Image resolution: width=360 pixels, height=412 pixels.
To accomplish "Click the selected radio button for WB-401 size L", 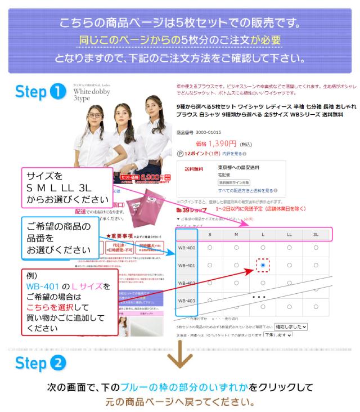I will pos(263,265).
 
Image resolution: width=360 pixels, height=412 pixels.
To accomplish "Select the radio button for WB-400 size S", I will pos(210,247).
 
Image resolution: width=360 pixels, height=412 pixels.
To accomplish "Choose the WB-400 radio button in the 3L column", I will pos(316,247).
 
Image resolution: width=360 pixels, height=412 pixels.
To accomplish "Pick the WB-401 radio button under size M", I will pos(236,265).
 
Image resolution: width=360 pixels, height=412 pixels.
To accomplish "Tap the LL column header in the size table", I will pos(289,234).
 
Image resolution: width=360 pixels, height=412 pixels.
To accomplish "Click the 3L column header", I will pos(316,234).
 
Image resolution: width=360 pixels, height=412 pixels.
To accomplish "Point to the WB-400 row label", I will pos(186,248).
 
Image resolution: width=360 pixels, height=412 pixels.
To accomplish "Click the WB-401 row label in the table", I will pos(186,265).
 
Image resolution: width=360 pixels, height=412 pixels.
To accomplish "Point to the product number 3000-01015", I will pos(208,132).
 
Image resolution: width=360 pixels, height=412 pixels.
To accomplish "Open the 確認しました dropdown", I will pos(290,326).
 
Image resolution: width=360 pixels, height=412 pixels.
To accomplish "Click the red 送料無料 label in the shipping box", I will pos(195,168).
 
